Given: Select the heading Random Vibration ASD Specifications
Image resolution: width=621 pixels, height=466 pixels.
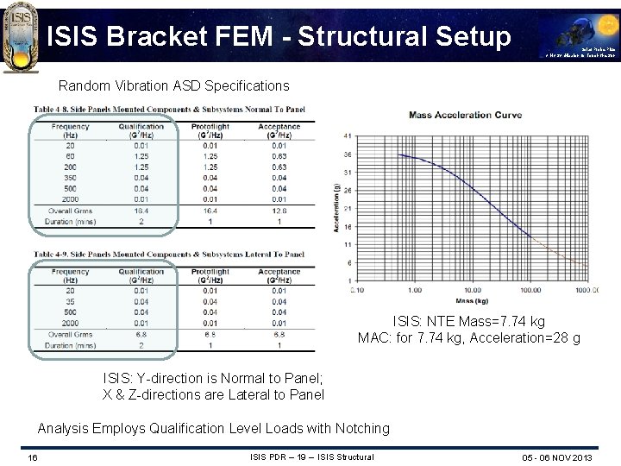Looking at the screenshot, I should click(x=173, y=86).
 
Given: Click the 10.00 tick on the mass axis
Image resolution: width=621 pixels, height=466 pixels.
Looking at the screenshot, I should click(x=473, y=290).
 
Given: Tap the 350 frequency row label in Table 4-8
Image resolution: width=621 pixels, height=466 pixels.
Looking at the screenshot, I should click(x=70, y=178).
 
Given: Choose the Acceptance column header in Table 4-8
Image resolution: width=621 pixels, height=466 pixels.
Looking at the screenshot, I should click(x=278, y=130).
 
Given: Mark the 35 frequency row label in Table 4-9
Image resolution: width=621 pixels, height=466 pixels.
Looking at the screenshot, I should click(x=70, y=300).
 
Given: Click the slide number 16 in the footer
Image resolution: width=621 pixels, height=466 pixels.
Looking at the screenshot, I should click(x=32, y=457).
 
